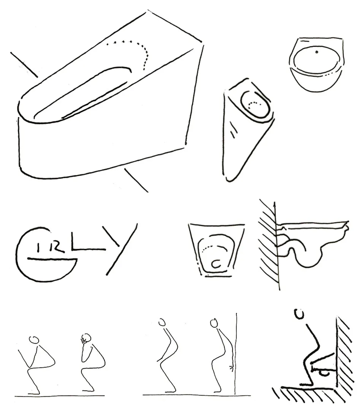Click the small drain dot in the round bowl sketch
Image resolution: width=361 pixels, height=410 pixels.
tap(317, 52)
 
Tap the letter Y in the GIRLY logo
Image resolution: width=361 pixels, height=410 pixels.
tap(120, 248)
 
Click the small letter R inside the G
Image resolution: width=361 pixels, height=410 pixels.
tap(59, 247)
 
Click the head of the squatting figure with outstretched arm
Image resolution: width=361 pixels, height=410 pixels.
tap(34, 339)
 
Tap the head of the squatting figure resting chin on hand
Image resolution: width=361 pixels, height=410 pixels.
tap(85, 338)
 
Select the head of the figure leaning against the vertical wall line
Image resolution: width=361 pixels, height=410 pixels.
tap(214, 323)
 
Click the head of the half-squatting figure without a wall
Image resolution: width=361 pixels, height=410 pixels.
tap(162, 322)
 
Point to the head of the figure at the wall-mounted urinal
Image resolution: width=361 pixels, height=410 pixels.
tap(299, 314)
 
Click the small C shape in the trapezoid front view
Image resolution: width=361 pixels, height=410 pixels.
tap(216, 264)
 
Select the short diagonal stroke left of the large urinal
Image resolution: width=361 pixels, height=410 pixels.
tap(24, 65)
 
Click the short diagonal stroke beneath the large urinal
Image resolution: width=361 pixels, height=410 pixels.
tap(136, 180)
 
